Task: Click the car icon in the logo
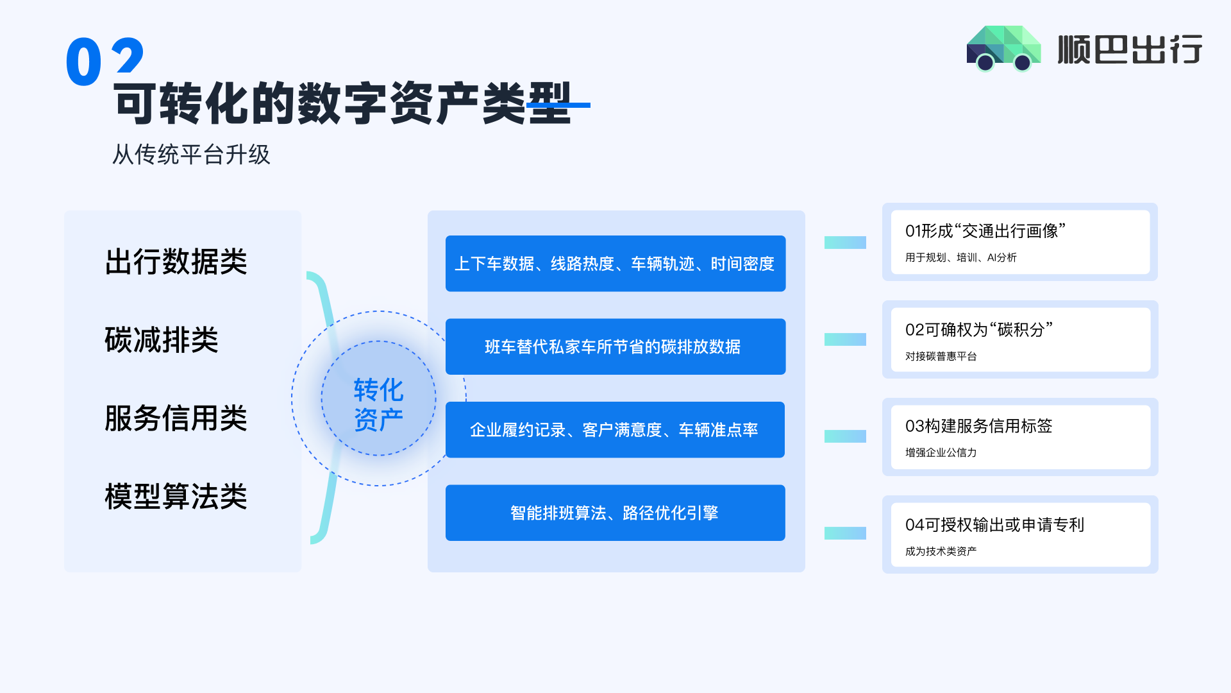(1003, 48)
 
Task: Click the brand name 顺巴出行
(1130, 49)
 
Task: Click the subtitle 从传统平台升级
(191, 155)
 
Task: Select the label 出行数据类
(176, 262)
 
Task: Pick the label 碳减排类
(162, 340)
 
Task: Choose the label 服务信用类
(176, 418)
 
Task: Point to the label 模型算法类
(176, 497)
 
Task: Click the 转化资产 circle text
(378, 404)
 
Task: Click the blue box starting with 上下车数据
(615, 264)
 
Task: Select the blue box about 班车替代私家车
(615, 346)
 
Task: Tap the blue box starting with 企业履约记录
(615, 429)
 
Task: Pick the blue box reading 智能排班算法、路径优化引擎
(615, 513)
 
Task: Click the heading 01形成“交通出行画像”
(985, 231)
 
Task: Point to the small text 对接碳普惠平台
(941, 356)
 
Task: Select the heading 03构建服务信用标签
(978, 426)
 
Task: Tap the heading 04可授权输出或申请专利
(994, 525)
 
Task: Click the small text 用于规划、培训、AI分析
(960, 257)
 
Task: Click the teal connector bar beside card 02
(845, 339)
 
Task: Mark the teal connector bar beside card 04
(845, 533)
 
